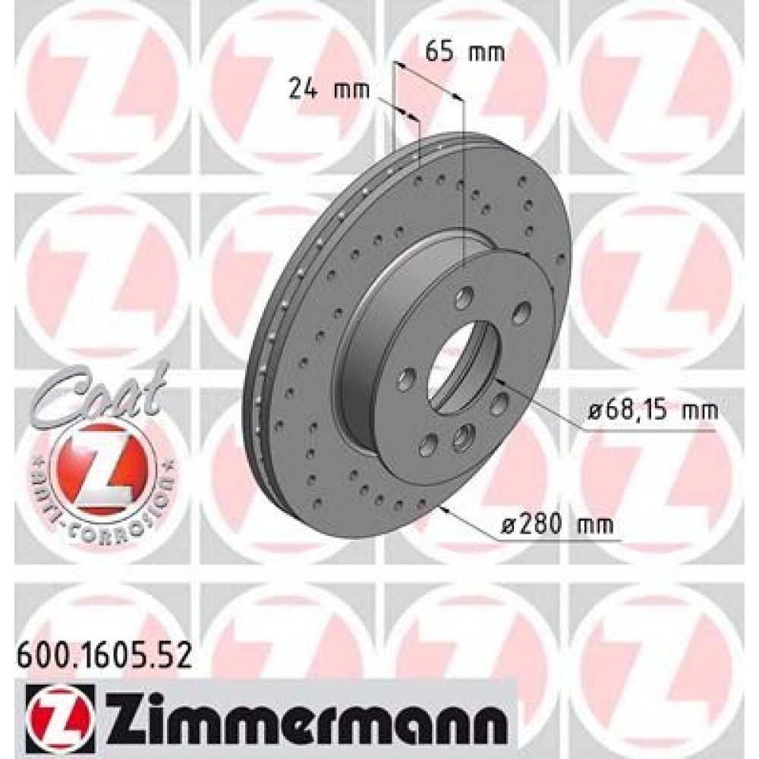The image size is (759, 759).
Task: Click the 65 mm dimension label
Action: (x=465, y=52)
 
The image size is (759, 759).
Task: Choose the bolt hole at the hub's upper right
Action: (x=520, y=312)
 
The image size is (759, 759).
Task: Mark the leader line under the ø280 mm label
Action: (x=562, y=540)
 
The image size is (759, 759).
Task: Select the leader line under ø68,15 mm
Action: (x=653, y=430)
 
